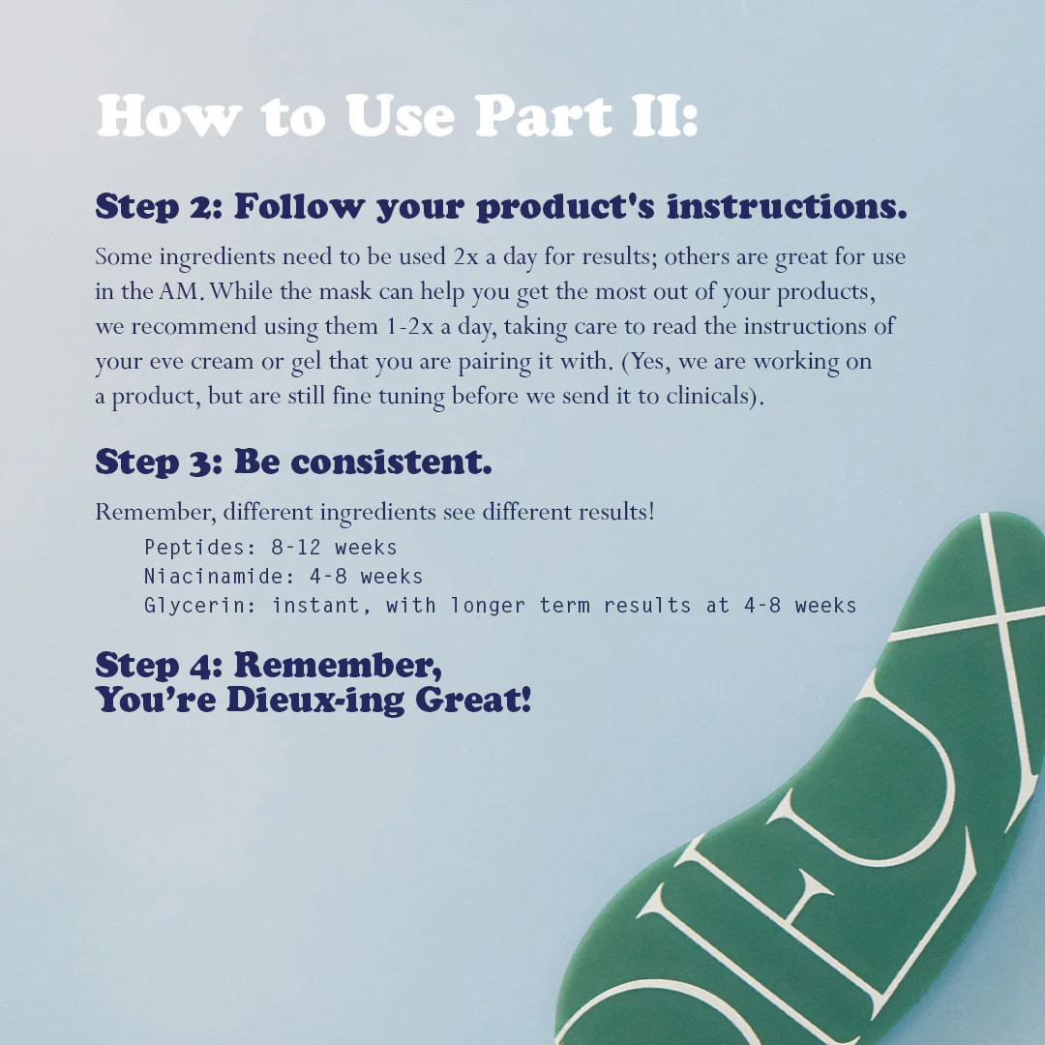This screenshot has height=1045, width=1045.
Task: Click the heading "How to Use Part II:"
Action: pyautogui.click(x=397, y=117)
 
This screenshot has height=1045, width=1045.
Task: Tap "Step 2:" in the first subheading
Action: pyautogui.click(x=160, y=206)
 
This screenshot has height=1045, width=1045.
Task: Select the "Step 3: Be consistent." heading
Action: pyautogui.click(x=293, y=462)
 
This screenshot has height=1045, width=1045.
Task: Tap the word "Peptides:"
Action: pyautogui.click(x=194, y=548)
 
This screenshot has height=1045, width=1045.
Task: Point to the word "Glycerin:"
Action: pyautogui.click(x=200, y=606)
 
